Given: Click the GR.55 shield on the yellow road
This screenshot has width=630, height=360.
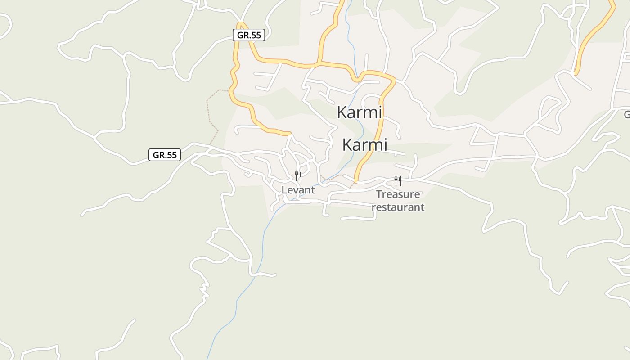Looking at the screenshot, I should pyautogui.click(x=249, y=35).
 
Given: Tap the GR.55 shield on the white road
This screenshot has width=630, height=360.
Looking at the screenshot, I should pyautogui.click(x=165, y=155).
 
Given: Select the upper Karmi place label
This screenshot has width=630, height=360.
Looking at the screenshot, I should pyautogui.click(x=359, y=112).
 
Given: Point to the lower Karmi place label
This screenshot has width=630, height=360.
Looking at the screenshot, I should pyautogui.click(x=364, y=145).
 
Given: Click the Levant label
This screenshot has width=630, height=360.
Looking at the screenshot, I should pyautogui.click(x=298, y=190).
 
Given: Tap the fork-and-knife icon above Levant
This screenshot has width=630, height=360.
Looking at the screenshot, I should pyautogui.click(x=298, y=176).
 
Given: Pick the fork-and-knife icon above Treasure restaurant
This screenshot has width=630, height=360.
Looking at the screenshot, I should pyautogui.click(x=398, y=181).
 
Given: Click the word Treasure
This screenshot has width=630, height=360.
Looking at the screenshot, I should pyautogui.click(x=398, y=194).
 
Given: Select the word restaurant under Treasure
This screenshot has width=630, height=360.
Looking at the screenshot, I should pyautogui.click(x=398, y=207).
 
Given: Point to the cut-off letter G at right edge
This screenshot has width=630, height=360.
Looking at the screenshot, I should pyautogui.click(x=627, y=114).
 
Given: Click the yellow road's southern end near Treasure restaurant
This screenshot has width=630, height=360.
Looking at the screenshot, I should pyautogui.click(x=355, y=180).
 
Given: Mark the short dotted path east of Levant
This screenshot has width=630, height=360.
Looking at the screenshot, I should pyautogui.click(x=332, y=178).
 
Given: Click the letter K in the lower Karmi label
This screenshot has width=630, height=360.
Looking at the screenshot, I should pyautogui.click(x=347, y=145).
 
